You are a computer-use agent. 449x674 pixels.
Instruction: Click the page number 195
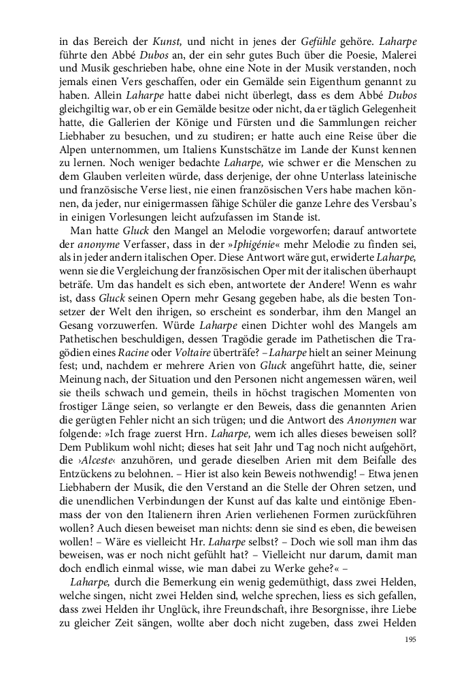tap(410, 639)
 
